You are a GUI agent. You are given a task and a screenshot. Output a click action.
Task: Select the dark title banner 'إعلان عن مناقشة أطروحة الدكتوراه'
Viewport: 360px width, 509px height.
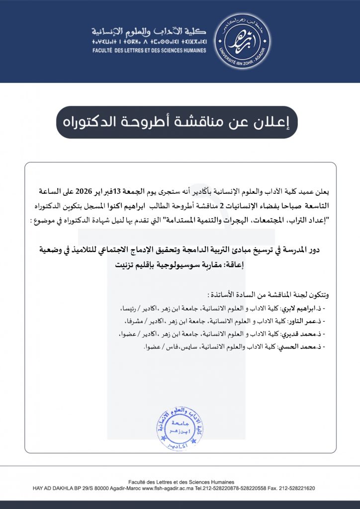pyautogui.click(x=177, y=122)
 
